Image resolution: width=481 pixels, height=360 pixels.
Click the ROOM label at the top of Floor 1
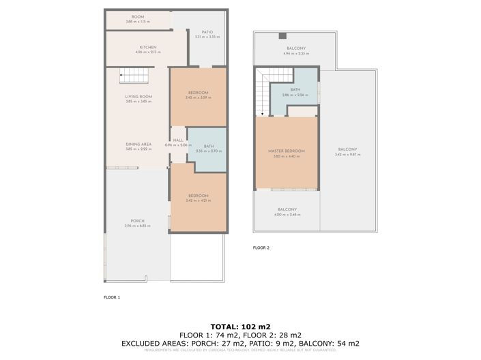tap(138, 16)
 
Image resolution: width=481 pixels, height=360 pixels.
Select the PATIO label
tap(207, 31)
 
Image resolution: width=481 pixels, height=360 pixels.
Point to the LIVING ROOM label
tap(139, 97)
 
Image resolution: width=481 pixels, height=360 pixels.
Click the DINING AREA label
tap(139, 144)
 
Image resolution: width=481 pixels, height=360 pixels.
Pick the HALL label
tap(179, 140)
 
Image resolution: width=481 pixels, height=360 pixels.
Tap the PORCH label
tap(137, 221)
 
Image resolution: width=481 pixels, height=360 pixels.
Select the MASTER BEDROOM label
tap(286, 151)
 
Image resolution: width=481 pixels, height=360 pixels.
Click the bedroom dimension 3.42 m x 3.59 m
tap(197, 97)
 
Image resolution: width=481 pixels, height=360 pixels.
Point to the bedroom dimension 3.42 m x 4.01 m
tap(197, 201)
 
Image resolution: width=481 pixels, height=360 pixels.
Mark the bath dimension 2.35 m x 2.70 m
tap(209, 151)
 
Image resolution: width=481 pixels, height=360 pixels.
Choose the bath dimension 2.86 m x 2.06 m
tap(295, 95)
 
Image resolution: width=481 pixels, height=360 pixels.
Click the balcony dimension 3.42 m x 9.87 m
tap(347, 155)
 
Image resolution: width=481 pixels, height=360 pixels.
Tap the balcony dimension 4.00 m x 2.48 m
tap(287, 215)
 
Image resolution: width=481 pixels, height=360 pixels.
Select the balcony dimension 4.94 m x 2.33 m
tap(295, 53)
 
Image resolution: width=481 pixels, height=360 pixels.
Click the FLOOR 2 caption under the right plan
tap(261, 248)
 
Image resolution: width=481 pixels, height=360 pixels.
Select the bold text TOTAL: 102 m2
tap(239, 326)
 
